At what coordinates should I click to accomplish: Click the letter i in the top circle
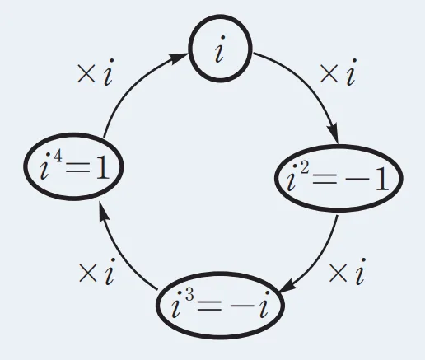point(220,49)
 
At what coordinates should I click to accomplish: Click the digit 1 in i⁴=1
point(102,168)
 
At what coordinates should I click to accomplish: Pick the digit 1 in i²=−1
point(381,179)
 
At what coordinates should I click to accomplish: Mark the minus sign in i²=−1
point(357,180)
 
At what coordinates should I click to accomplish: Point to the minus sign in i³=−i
point(242,306)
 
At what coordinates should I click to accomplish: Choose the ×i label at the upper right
point(339,72)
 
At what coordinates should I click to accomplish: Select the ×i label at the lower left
point(96,272)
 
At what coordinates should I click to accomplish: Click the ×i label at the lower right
point(347,271)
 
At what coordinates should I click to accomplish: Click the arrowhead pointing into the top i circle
point(178,58)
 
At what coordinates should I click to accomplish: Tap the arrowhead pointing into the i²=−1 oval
point(333,133)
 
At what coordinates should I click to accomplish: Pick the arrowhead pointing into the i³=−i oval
point(288,287)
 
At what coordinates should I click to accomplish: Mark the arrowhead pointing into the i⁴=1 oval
point(104,212)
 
